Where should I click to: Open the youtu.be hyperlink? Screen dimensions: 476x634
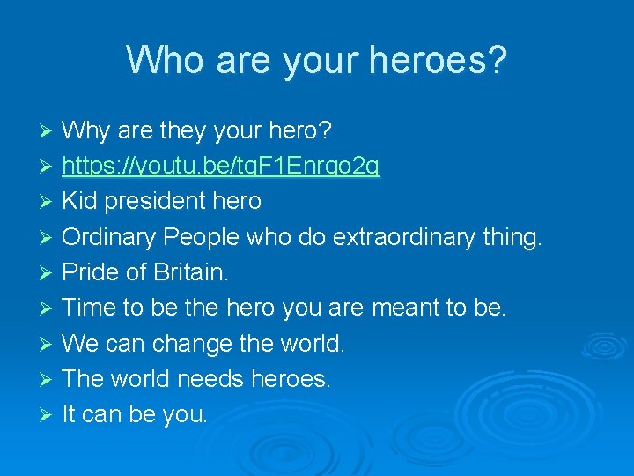pyautogui.click(x=221, y=166)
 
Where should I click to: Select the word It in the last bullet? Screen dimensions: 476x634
pyautogui.click(x=70, y=414)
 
